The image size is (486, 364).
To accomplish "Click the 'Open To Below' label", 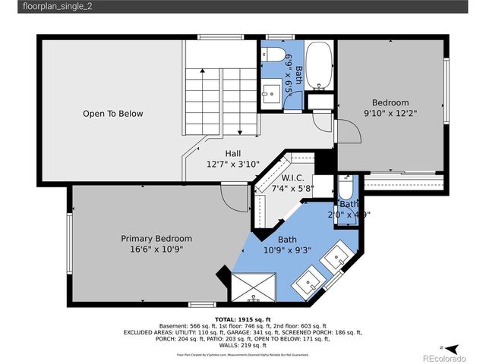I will pyautogui.click(x=112, y=114).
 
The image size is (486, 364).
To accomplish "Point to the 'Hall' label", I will pyautogui.click(x=233, y=152).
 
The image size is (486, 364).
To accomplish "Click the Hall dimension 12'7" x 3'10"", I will pyautogui.click(x=233, y=164).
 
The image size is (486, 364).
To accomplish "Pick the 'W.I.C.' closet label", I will pyautogui.click(x=293, y=180).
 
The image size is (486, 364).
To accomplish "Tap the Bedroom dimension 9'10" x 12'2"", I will pyautogui.click(x=390, y=114).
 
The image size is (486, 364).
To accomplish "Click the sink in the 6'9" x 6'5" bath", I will pyautogui.click(x=271, y=94).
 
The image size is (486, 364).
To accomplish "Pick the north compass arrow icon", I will pyautogui.click(x=453, y=347).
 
